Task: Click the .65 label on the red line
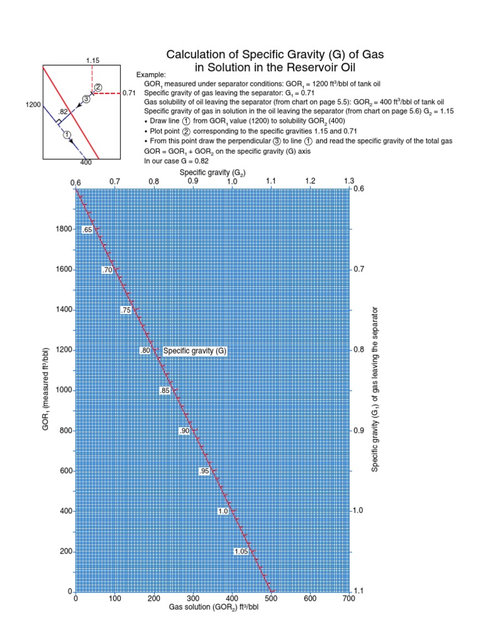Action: (88, 230)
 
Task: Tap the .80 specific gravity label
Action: (145, 351)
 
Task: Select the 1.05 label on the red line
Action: (241, 552)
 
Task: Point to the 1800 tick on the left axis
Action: (64, 229)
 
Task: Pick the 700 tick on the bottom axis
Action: (349, 599)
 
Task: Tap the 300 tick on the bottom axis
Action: (193, 599)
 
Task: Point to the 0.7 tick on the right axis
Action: (358, 269)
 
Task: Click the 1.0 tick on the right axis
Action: (358, 511)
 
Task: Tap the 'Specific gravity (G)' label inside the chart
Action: (194, 351)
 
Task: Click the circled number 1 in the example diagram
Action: (66, 134)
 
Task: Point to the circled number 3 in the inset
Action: (86, 98)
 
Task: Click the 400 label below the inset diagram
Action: (86, 162)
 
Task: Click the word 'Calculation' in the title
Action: (201, 55)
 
